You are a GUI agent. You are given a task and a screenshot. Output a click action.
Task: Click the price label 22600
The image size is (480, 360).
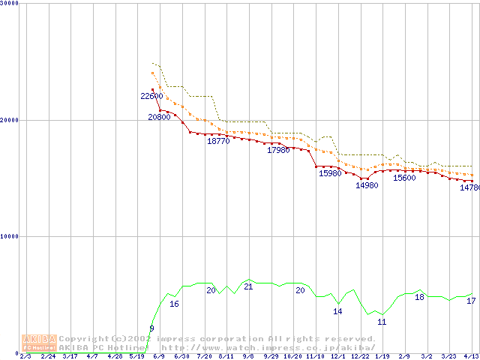click(151, 96)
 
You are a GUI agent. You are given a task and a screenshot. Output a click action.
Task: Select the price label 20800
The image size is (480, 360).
click(159, 117)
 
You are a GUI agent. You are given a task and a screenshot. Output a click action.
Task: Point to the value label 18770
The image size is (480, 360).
click(218, 141)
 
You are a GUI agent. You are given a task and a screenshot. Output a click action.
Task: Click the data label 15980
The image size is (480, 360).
click(330, 174)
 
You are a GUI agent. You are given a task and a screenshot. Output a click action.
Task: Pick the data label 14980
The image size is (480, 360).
click(367, 185)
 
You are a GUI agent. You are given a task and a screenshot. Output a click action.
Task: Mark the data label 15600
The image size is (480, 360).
click(404, 178)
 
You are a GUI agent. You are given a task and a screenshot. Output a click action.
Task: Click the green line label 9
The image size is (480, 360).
click(151, 328)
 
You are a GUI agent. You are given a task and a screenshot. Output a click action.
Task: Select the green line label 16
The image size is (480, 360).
click(174, 304)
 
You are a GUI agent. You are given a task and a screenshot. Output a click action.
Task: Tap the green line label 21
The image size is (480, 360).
click(248, 287)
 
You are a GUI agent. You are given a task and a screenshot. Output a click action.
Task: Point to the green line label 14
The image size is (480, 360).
click(337, 311)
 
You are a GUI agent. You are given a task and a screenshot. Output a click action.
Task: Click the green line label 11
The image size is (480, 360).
click(382, 322)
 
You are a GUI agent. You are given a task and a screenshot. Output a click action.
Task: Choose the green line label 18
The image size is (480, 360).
click(419, 298)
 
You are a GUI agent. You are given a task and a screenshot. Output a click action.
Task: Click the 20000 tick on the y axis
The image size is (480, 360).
click(10, 120)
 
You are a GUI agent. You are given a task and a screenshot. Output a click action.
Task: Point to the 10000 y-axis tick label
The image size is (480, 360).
click(10, 236)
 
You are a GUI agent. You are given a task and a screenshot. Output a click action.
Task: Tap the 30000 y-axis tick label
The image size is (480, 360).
click(10, 3)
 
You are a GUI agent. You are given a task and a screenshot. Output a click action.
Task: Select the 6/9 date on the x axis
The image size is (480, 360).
click(159, 357)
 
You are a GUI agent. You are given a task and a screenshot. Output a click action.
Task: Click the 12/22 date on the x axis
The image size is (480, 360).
click(359, 357)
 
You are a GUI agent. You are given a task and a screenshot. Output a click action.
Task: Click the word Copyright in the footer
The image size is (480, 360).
click(82, 339)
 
